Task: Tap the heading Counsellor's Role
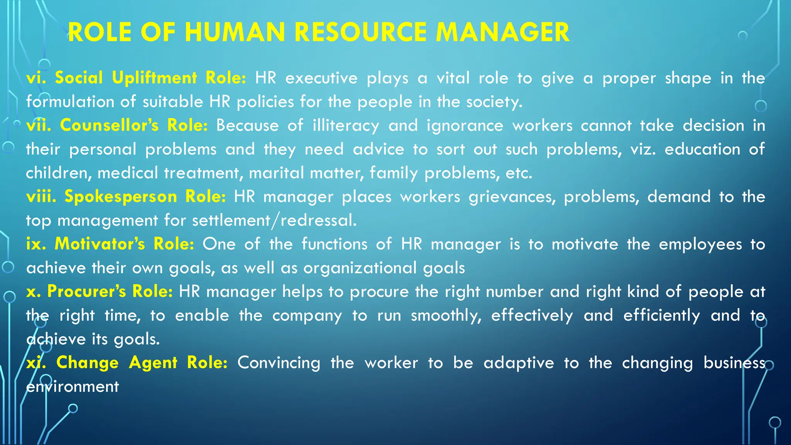(x=134, y=125)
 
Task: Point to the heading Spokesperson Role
(x=145, y=196)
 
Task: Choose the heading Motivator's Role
(x=124, y=244)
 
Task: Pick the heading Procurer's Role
(x=110, y=291)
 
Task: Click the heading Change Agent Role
(x=141, y=362)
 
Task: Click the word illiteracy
(x=346, y=126)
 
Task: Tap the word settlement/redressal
(x=274, y=220)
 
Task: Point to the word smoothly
(x=446, y=316)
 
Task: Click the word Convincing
(x=278, y=363)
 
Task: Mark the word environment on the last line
(x=72, y=386)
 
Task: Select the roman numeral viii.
(x=41, y=196)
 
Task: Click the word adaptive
(x=519, y=363)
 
